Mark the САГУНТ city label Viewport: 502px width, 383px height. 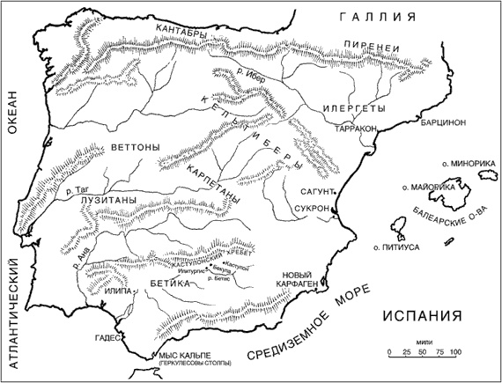click(314, 191)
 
